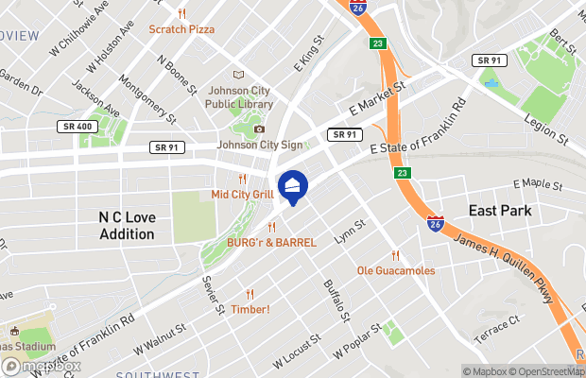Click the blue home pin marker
[x=293, y=185]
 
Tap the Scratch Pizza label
[x=181, y=29]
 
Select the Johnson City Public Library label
[x=238, y=97]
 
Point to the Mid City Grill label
[x=242, y=195]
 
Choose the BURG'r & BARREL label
[x=271, y=243]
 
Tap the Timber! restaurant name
[x=250, y=309]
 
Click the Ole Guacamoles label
[x=396, y=270]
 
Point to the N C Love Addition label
[x=127, y=226]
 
